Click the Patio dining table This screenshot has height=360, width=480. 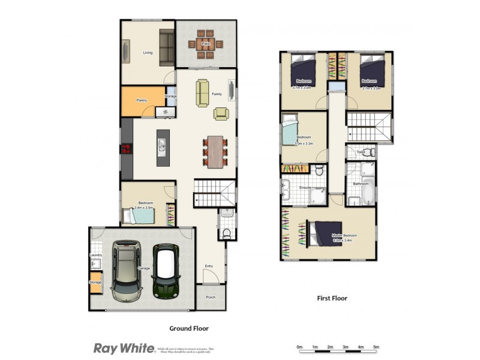205,44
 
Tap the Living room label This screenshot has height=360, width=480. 148,53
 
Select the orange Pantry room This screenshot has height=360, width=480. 143,101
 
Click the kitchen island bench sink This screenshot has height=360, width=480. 163,145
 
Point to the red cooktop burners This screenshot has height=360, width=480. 127,150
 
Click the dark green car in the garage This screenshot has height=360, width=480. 166,271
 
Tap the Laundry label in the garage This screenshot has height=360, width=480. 96,256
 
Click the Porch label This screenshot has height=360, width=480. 211,296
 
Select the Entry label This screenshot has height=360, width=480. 209,266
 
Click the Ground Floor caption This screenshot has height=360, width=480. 188,328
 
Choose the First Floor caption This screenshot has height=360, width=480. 332,298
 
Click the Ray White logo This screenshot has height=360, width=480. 124,348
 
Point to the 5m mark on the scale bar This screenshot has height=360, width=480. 376,347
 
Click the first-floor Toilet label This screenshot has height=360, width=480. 361,152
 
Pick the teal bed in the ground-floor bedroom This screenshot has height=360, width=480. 140,215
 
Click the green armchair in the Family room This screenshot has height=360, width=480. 221,113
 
